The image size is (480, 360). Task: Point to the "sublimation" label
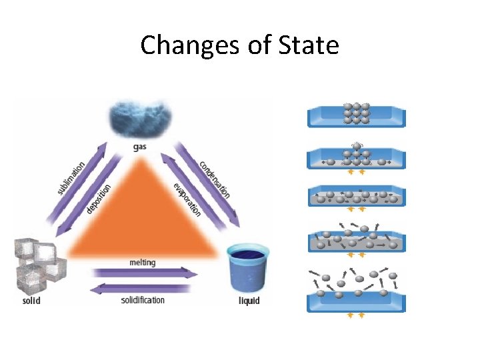point(71,177)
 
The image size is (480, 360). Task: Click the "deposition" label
point(98,199)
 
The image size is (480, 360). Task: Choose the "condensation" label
point(215,179)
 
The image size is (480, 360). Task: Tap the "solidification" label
point(143,300)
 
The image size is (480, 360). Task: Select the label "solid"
point(31,301)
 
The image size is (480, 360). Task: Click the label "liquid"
point(249,301)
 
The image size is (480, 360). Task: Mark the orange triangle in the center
point(143,213)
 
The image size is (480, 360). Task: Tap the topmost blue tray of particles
point(356,117)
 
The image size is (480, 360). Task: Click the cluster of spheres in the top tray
point(356,113)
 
